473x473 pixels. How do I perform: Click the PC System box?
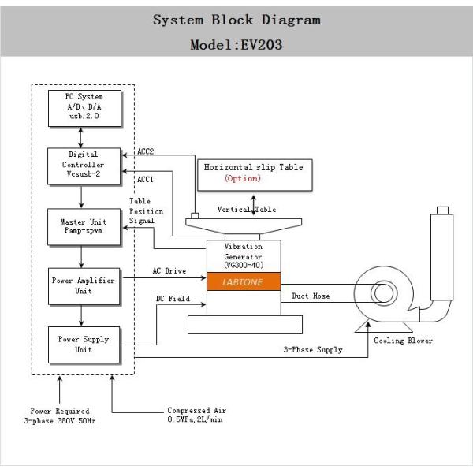coord(84,108)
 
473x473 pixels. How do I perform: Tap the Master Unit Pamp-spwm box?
coord(84,227)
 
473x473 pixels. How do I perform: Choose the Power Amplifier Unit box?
coord(84,286)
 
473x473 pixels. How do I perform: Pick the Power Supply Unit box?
coord(84,345)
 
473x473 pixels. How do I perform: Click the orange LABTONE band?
coord(244,281)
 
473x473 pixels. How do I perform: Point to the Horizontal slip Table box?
coord(253,173)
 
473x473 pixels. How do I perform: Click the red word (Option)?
coord(243,179)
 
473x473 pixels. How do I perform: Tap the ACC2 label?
coord(145,151)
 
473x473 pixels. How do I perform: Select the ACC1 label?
coord(145,179)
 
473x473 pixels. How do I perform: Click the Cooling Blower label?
coord(404,341)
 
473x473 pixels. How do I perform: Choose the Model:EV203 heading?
coord(236,45)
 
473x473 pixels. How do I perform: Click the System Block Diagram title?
coord(236,20)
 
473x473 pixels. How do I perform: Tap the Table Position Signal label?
coord(146,211)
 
